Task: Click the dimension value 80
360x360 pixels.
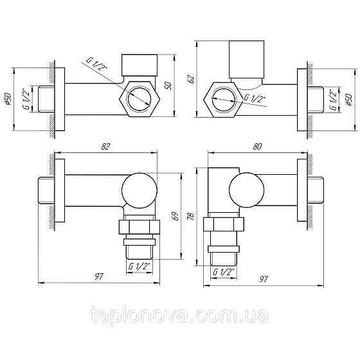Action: point(256,147)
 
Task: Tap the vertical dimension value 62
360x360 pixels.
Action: point(191,79)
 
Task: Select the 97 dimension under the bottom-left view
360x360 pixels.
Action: point(98,276)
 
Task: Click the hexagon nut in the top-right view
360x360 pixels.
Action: point(222,98)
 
